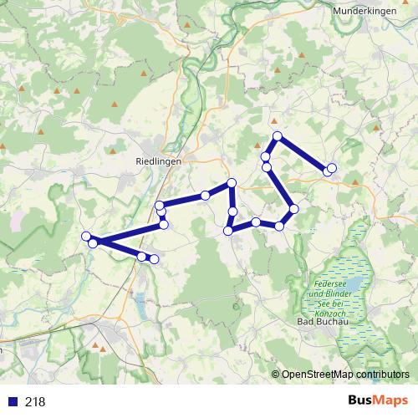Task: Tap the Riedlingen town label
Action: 158,163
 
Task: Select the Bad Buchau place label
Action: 322,321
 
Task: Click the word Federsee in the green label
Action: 327,284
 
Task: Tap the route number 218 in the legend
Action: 35,402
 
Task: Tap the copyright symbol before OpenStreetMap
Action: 275,374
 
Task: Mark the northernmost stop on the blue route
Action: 278,136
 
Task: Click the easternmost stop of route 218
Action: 332,168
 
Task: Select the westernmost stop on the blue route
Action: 86,237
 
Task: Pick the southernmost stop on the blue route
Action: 154,259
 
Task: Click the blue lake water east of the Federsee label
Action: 354,285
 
